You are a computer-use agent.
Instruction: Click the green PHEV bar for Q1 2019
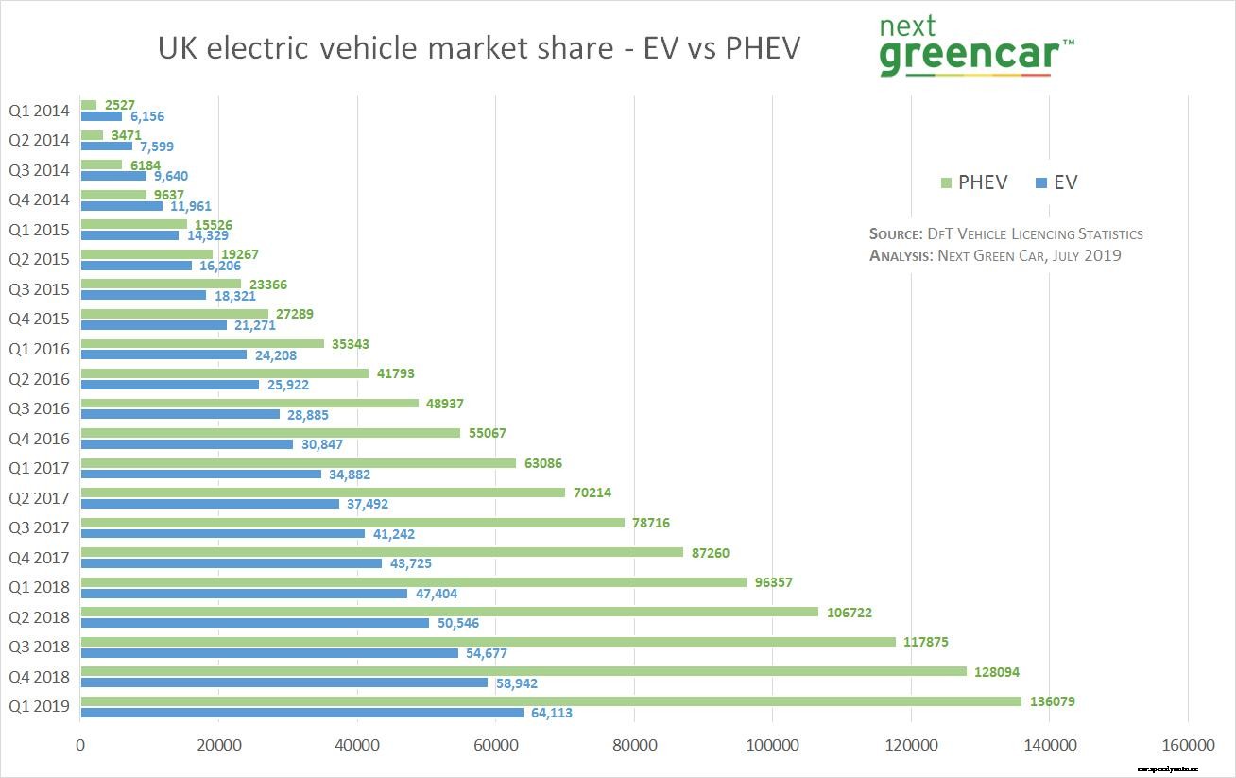pyautogui.click(x=551, y=701)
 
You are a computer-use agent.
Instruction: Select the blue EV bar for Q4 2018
pyautogui.click(x=284, y=683)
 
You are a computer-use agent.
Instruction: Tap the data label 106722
pyautogui.click(x=849, y=613)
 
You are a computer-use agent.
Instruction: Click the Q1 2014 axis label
pyautogui.click(x=40, y=111)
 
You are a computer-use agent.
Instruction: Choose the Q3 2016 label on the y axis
pyautogui.click(x=40, y=408)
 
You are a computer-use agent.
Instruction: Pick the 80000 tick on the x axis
pyautogui.click(x=634, y=746)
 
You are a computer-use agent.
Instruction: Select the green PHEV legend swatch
pyautogui.click(x=947, y=183)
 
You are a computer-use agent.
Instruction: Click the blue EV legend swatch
pyautogui.click(x=1041, y=183)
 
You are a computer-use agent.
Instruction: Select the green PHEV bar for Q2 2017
pyautogui.click(x=323, y=493)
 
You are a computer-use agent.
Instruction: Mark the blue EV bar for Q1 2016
pyautogui.click(x=163, y=355)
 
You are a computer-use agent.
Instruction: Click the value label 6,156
pyautogui.click(x=147, y=116)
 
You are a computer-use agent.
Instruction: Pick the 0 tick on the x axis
pyautogui.click(x=81, y=746)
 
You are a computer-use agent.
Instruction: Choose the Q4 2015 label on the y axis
pyautogui.click(x=40, y=319)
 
